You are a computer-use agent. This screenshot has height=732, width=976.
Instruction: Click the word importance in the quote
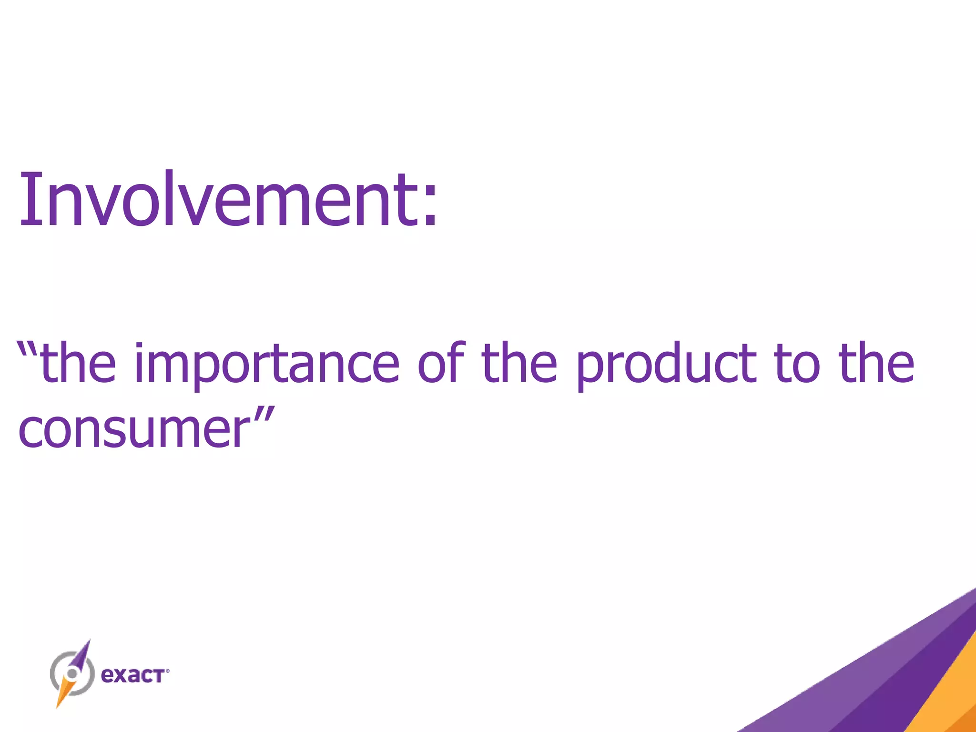coord(267,365)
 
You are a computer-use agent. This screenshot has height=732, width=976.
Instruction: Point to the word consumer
coord(133,429)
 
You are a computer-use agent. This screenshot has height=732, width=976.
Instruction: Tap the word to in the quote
coord(797,365)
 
